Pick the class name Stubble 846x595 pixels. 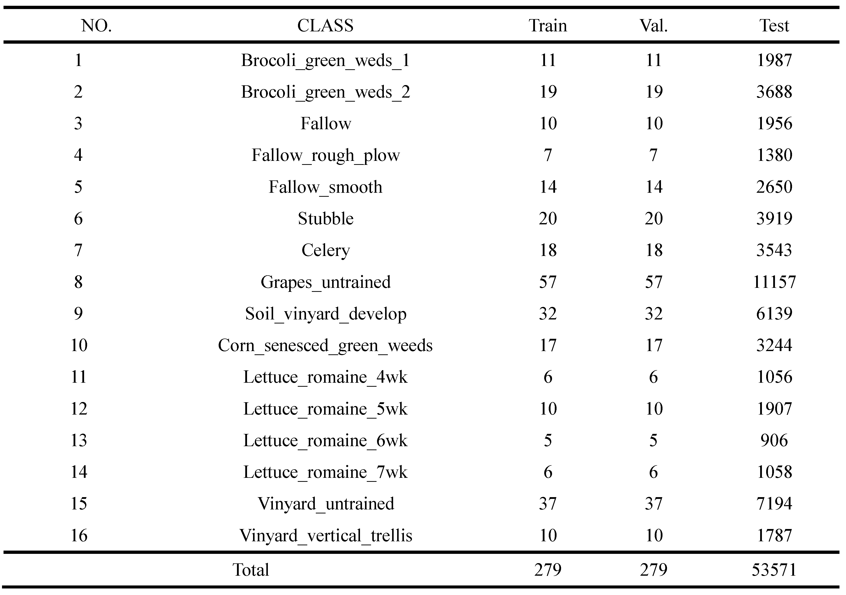325,219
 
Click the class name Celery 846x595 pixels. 325,250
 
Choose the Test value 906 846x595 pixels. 774,440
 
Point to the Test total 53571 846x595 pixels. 774,570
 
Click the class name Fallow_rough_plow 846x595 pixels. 325,155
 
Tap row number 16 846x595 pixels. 79,535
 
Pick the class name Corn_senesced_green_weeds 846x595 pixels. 325,346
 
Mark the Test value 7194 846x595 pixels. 774,504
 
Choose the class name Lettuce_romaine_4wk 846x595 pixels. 325,377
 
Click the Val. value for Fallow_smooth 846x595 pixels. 654,187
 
